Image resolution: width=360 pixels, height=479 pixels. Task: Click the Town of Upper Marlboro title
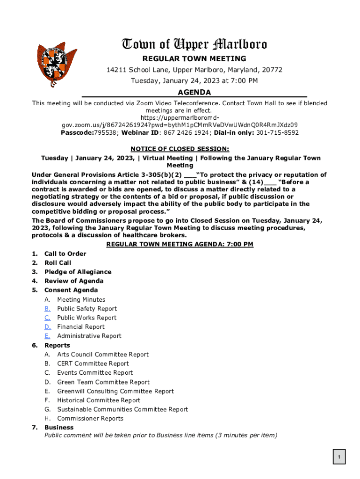194,44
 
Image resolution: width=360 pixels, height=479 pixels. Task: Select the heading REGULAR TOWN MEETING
194,59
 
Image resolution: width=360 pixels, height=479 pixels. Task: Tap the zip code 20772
272,70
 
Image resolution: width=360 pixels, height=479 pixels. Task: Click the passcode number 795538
105,132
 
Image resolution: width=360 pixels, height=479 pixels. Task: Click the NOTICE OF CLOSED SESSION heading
180,149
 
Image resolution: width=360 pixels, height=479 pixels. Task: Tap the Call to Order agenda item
65,254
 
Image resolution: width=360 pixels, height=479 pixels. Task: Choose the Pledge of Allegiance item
78,272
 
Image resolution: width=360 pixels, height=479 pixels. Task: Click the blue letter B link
47,309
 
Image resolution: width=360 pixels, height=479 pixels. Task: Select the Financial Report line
80,327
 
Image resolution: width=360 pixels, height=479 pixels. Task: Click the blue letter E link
47,336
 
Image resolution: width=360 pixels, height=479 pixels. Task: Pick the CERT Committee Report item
93,363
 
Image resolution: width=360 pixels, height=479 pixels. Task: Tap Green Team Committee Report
103,382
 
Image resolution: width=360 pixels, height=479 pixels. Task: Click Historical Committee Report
98,400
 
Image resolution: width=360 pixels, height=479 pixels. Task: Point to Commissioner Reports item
90,419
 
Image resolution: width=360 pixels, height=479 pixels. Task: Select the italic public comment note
160,435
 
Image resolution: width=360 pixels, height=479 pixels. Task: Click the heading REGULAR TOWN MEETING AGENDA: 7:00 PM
180,244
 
